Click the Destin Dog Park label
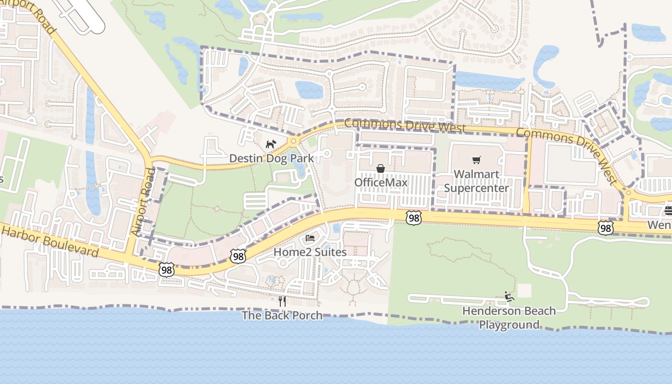coord(271,158)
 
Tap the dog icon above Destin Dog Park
coord(271,144)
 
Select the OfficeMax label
coord(381,182)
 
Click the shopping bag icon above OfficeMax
coord(381,168)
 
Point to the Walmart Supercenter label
coord(476,180)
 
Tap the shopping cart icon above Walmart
coord(476,160)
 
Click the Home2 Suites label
coord(310,252)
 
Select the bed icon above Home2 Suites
coord(310,238)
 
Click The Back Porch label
coord(282,315)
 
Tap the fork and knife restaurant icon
coord(282,301)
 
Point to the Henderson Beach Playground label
coord(509,317)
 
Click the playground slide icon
coord(509,297)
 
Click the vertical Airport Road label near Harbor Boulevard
coord(143,202)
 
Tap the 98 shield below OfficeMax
coord(413,217)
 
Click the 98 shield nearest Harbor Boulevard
coord(167,270)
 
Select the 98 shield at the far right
coord(606,228)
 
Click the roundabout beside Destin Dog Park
coord(293,141)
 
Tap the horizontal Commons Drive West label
coord(405,125)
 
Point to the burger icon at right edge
coord(668,211)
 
